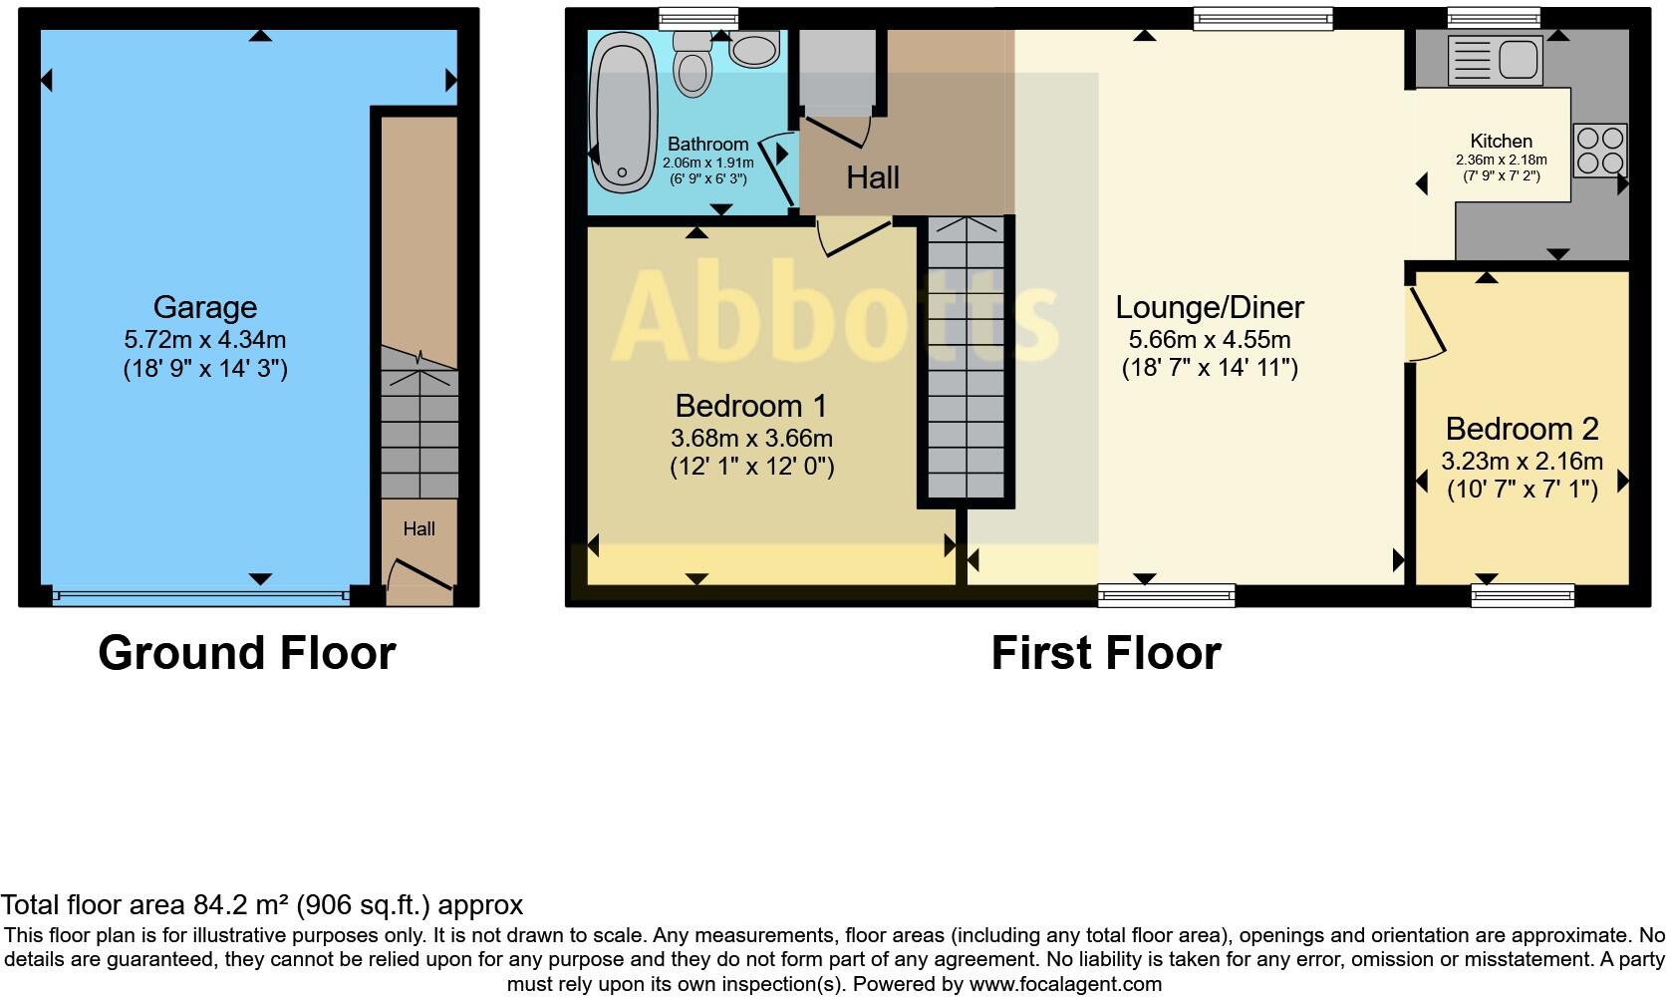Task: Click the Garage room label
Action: [x=205, y=307]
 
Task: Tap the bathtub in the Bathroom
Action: [x=622, y=111]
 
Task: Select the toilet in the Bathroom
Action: [x=691, y=66]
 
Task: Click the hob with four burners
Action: [x=1599, y=151]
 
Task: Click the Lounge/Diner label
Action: [x=1209, y=307]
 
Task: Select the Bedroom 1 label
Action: [x=751, y=406]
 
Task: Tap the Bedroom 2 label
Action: [x=1522, y=429]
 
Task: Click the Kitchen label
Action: [x=1501, y=142]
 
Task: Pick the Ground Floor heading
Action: [x=247, y=653]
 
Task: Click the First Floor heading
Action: [x=1106, y=653]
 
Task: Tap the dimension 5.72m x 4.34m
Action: [x=205, y=339]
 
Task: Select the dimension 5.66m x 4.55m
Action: [x=1209, y=339]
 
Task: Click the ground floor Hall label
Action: [x=418, y=529]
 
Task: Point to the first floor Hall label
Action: [x=873, y=178]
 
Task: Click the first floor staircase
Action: [x=966, y=359]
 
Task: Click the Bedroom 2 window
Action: [x=1523, y=596]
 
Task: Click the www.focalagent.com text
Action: [x=1065, y=984]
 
